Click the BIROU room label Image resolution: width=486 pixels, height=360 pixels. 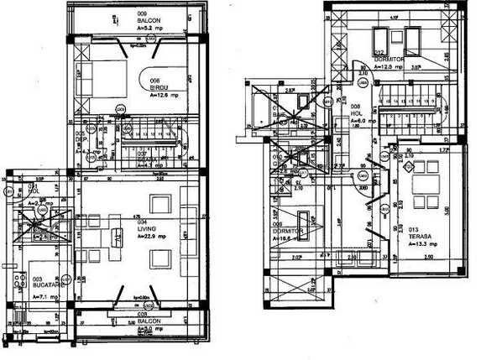click(x=160, y=87)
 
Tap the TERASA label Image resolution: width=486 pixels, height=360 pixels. click(x=421, y=237)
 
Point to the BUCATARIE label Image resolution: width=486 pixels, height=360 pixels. click(x=49, y=284)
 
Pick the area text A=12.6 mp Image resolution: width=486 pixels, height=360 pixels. click(x=164, y=96)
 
